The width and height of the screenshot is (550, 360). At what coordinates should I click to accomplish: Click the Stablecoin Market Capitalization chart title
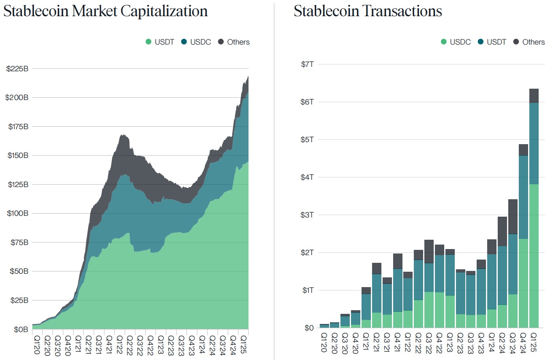click(105, 11)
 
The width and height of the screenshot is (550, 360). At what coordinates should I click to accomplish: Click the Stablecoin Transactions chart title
click(368, 11)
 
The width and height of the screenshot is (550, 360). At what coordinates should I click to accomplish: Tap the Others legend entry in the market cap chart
click(234, 42)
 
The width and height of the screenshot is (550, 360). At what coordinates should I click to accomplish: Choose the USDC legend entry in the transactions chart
click(455, 42)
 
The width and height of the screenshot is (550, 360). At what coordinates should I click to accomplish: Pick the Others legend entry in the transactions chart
click(529, 42)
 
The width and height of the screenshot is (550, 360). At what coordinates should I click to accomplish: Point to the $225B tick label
click(17, 68)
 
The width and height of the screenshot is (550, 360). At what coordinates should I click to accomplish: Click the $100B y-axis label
click(17, 213)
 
